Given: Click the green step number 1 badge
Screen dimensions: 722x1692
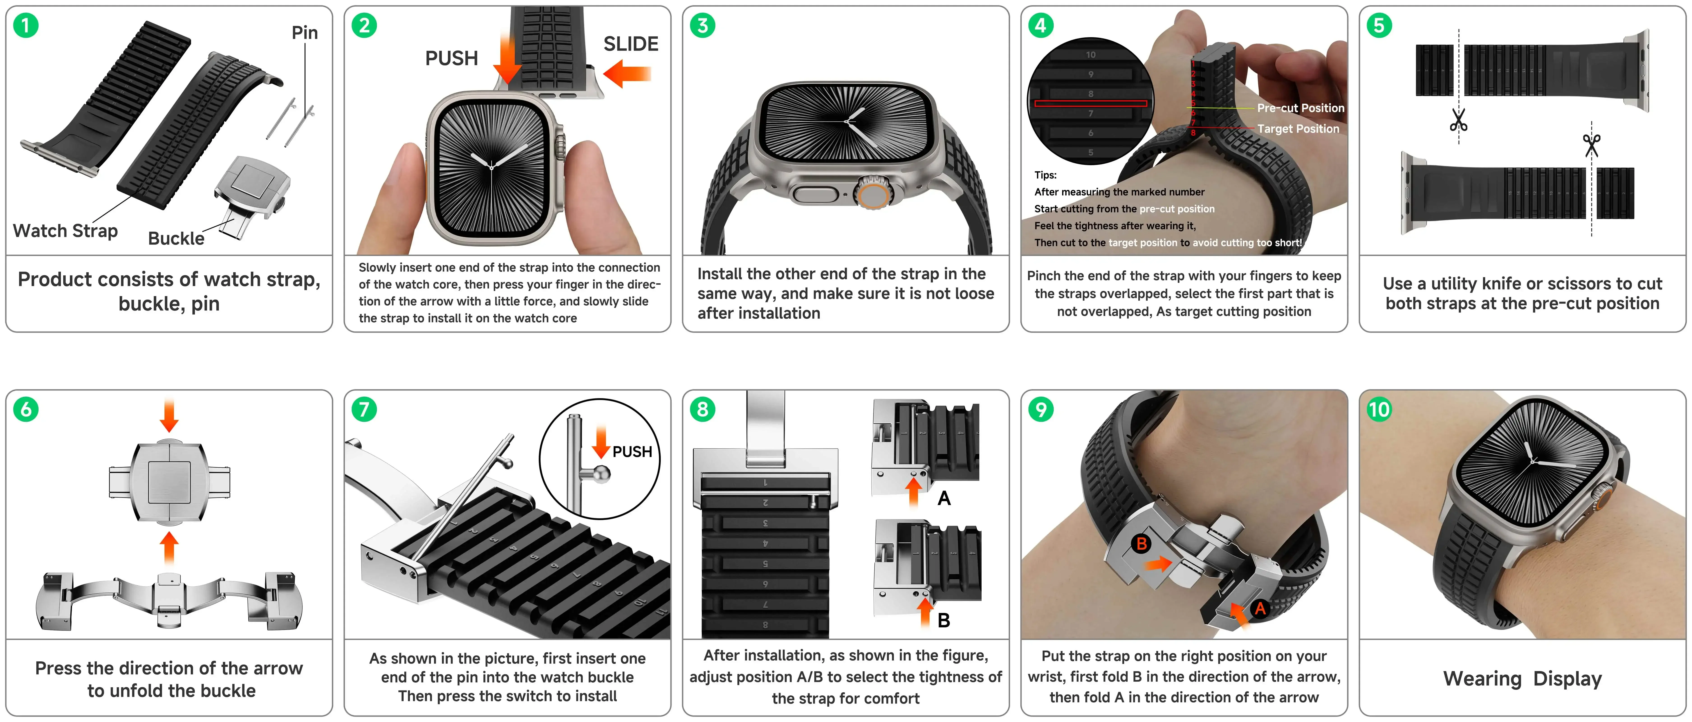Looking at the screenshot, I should (x=26, y=26).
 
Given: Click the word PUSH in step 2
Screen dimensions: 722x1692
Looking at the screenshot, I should (x=451, y=58).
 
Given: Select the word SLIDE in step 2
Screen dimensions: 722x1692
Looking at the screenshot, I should (x=631, y=44).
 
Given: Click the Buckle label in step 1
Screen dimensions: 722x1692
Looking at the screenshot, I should (x=176, y=238).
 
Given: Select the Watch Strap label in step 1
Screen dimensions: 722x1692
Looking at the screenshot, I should (x=65, y=231).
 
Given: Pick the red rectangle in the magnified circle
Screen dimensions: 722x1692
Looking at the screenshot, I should (x=1090, y=103).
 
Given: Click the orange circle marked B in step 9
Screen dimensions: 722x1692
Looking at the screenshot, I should (x=1141, y=544).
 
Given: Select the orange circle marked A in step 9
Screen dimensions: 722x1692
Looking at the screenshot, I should (x=1259, y=608).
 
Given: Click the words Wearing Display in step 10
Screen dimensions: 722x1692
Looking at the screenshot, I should (x=1522, y=679).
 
